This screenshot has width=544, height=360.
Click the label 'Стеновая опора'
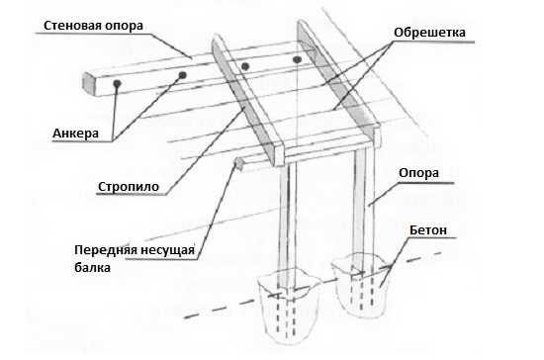(93, 26)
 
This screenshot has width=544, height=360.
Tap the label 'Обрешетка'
(429, 33)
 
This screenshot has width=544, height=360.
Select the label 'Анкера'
(75, 134)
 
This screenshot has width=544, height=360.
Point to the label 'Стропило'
(129, 187)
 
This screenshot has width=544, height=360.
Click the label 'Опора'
(418, 173)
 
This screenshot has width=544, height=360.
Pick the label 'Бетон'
(428, 230)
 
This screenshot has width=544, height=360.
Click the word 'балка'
(93, 268)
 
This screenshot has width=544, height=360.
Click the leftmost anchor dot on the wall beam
(118, 83)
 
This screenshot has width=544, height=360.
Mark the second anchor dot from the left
(183, 75)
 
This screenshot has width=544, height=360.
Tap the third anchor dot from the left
(245, 66)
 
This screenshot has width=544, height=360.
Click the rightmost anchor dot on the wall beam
(297, 59)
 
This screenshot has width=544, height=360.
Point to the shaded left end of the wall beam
(88, 84)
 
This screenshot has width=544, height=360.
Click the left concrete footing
(288, 306)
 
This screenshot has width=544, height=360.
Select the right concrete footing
(361, 286)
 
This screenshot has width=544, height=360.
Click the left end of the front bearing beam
(239, 163)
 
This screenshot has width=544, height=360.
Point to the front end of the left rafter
(278, 155)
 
